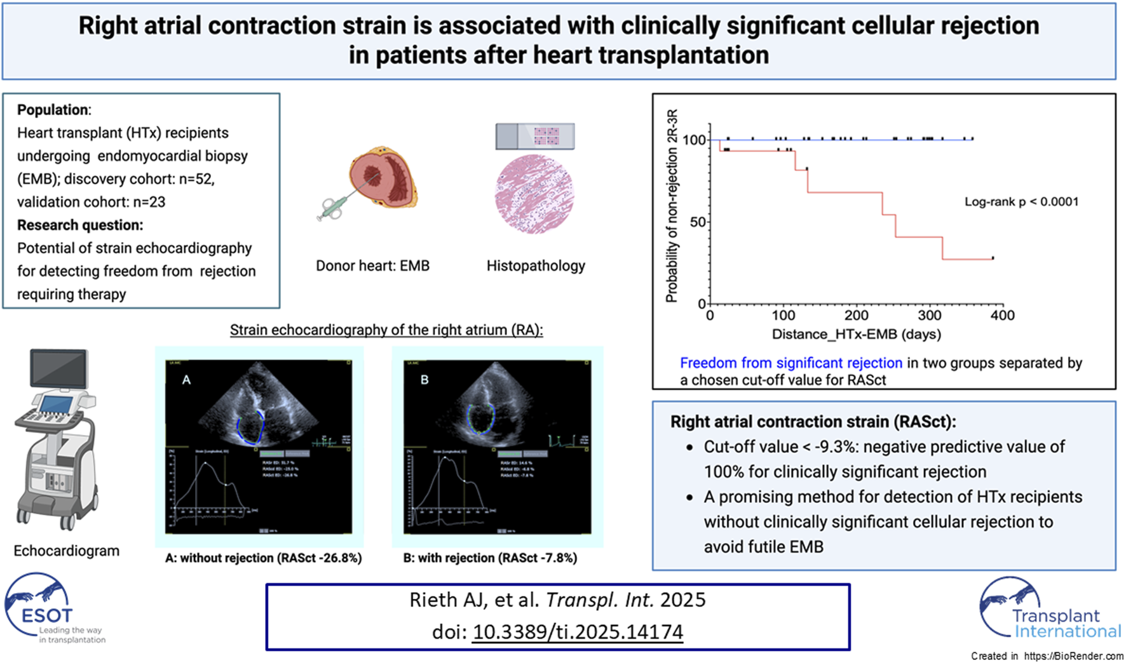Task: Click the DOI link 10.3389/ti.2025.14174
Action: coord(578,631)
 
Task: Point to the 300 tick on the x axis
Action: coord(930,315)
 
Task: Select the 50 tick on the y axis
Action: coord(698,222)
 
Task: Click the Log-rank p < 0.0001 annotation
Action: coord(1021,202)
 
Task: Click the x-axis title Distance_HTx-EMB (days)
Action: coord(856,334)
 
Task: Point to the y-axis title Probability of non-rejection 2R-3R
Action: coord(672,206)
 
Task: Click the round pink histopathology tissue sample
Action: coord(534,194)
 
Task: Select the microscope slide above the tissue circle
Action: coord(534,136)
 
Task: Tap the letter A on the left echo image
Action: coord(186,380)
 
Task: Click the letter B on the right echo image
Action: coord(424,380)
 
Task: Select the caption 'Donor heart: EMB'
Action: coord(372,265)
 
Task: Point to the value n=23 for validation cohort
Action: coord(149,202)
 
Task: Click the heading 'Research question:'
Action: coord(80,225)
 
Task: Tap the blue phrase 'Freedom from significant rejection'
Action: coord(790,363)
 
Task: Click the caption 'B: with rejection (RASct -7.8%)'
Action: coord(490,558)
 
